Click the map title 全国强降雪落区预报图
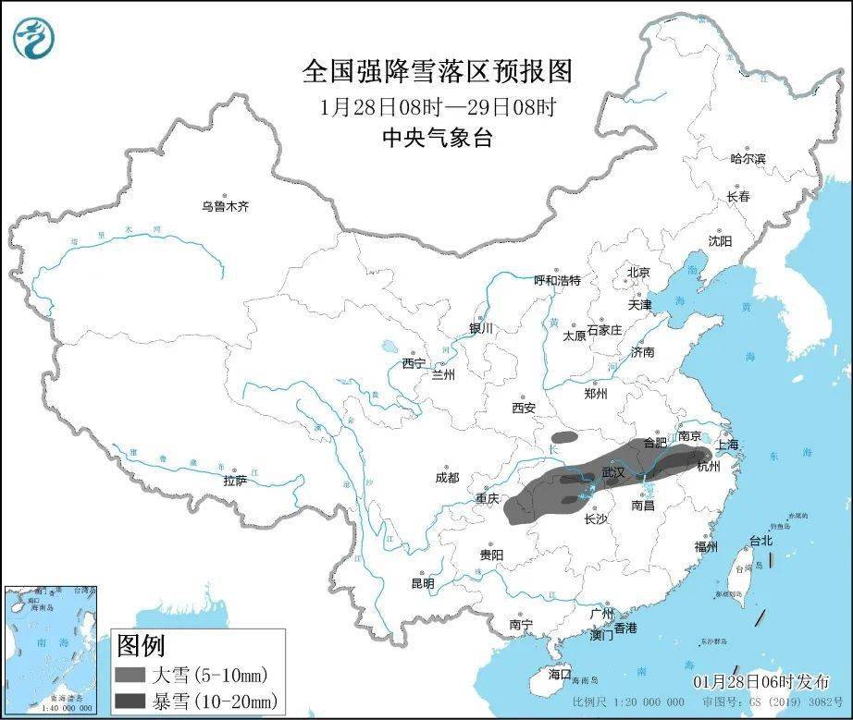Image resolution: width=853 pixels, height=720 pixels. (438, 70)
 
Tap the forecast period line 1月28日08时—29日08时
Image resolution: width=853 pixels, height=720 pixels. (438, 106)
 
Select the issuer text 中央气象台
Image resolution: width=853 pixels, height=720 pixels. (438, 139)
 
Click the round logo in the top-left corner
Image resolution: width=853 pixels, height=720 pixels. (35, 36)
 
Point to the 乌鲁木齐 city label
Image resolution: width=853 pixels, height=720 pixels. (226, 207)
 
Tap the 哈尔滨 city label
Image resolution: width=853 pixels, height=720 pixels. (748, 159)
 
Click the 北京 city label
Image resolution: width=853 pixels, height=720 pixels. (638, 273)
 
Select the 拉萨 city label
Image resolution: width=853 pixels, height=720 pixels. (235, 481)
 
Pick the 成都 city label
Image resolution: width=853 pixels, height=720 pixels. (446, 477)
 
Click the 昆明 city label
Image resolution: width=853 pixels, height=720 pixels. (422, 583)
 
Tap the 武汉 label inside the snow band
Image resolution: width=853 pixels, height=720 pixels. (613, 471)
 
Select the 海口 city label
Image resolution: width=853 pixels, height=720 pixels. (560, 674)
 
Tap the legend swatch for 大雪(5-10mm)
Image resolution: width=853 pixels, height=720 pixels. (131, 674)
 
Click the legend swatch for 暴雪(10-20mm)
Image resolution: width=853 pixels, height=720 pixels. (131, 700)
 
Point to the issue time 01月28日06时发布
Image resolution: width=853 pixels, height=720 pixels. (761, 681)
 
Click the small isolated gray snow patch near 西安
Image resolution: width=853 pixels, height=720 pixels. (562, 438)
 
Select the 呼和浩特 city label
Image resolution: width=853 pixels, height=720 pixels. (558, 280)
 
